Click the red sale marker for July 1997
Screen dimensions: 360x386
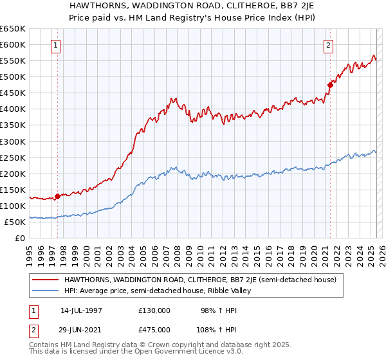pyautogui.click(x=57, y=196)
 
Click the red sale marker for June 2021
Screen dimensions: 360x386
pyautogui.click(x=330, y=84)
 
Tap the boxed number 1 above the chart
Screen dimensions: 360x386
pyautogui.click(x=57, y=45)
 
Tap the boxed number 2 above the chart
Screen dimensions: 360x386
pyautogui.click(x=329, y=45)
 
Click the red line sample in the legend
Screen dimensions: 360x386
pyautogui.click(x=46, y=280)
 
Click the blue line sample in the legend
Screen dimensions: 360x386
pyautogui.click(x=46, y=291)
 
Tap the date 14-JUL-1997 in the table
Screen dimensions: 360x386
pyautogui.click(x=81, y=310)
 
